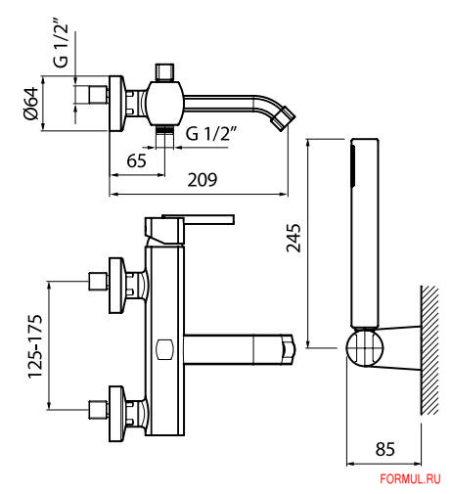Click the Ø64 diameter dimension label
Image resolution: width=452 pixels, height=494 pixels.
coord(31,104)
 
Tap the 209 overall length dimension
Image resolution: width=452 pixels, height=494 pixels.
coord(203,180)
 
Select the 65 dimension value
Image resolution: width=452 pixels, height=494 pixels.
coord(136,161)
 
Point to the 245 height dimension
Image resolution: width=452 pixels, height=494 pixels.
coord(294,238)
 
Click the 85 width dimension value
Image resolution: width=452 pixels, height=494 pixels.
coord(385,449)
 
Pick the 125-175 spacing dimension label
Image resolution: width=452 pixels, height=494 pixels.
coord(35,346)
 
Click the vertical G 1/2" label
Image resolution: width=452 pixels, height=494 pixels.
coord(62,45)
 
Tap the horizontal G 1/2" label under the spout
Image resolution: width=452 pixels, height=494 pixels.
coord(211,133)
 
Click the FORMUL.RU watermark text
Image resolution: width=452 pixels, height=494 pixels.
coord(410,479)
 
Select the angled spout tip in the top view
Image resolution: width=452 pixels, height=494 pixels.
coord(284,117)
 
